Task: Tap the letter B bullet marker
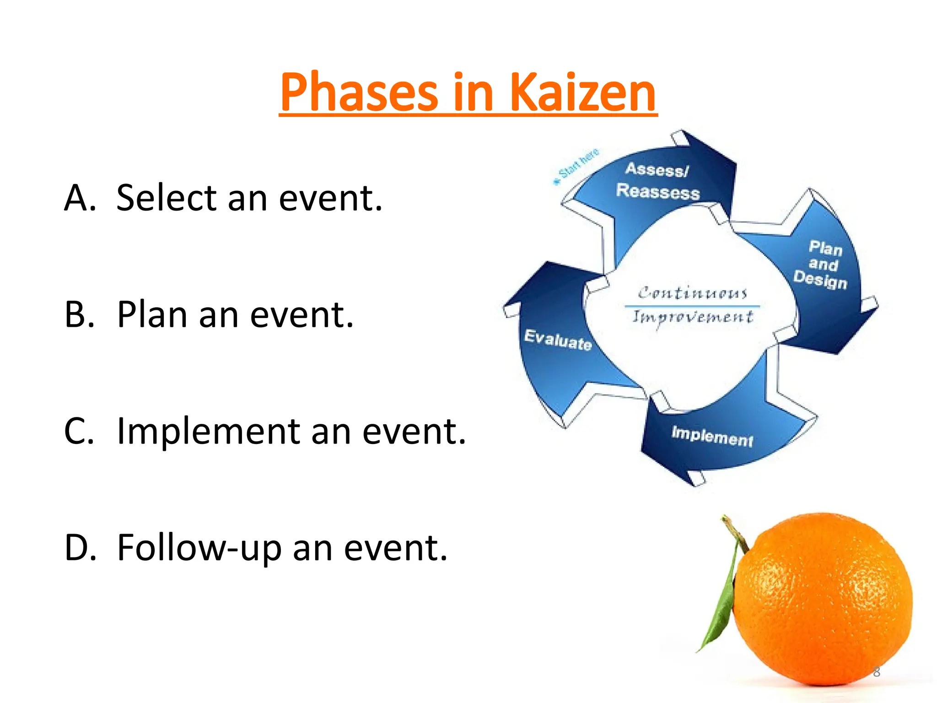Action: click(79, 315)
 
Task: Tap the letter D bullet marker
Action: click(80, 548)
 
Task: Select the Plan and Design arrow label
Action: click(821, 265)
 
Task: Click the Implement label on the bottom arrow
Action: click(712, 436)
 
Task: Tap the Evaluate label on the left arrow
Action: click(558, 340)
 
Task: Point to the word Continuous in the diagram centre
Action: click(692, 292)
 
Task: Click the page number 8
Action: click(876, 672)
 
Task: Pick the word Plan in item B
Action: click(152, 315)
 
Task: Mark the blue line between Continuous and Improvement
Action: click(692, 306)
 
